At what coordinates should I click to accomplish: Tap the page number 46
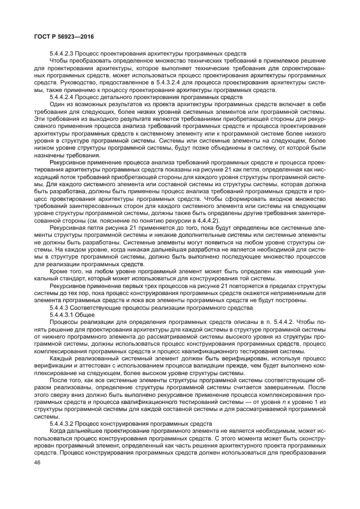coord(38,462)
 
